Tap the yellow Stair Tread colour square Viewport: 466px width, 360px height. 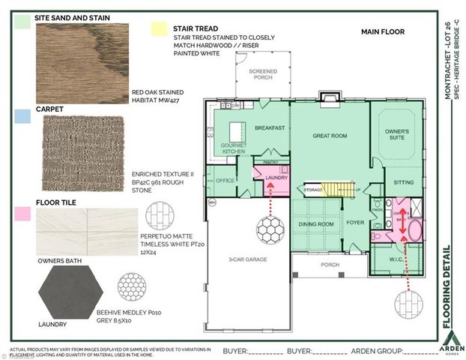[x=159, y=28]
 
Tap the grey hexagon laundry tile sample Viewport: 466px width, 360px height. [x=74, y=293]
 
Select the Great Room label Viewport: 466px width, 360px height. [x=329, y=136]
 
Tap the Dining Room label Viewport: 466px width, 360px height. [x=315, y=223]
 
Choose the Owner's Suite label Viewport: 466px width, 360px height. [x=396, y=134]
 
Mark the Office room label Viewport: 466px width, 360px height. [x=225, y=181]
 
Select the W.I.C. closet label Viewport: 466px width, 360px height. [x=396, y=260]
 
